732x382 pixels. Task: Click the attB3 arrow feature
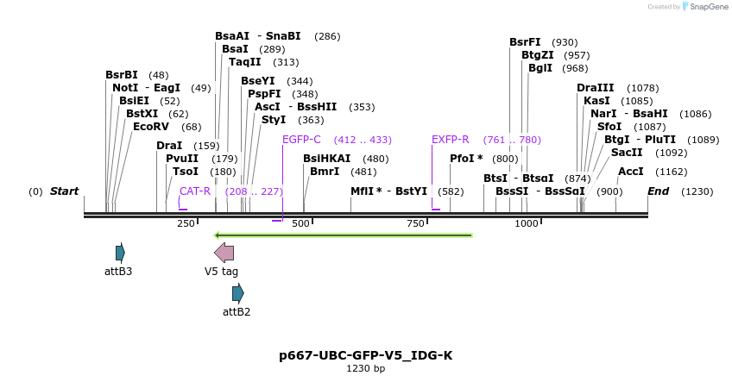(x=120, y=253)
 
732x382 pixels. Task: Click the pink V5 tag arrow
(x=224, y=252)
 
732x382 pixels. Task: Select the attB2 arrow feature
(x=237, y=293)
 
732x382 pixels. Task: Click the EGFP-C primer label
(x=301, y=140)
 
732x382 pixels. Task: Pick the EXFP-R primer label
(x=450, y=140)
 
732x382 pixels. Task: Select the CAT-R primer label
(x=195, y=191)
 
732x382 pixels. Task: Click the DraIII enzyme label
(x=595, y=88)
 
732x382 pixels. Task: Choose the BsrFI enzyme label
(x=525, y=42)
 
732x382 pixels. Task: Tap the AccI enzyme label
(x=630, y=172)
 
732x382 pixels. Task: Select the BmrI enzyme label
(x=325, y=172)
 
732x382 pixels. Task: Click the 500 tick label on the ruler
(x=300, y=224)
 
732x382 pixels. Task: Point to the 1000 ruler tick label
(x=527, y=224)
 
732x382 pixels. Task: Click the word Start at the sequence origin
(x=64, y=191)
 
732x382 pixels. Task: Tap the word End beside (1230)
(x=658, y=191)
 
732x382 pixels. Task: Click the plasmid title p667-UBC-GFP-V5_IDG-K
(x=365, y=355)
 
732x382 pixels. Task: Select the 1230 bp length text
(x=365, y=369)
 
